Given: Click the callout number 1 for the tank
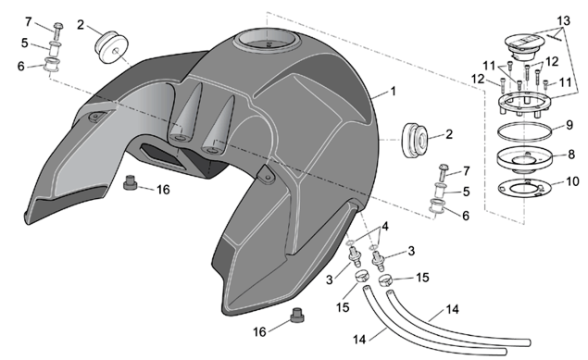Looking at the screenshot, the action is [x=393, y=91].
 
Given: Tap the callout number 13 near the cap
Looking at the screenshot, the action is [x=563, y=20].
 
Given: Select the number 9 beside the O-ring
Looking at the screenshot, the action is [x=569, y=125].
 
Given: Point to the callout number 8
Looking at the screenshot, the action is [x=571, y=154].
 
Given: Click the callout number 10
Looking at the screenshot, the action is [x=572, y=181].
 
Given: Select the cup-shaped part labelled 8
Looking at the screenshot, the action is [x=524, y=160].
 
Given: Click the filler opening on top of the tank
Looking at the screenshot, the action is [x=267, y=42].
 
